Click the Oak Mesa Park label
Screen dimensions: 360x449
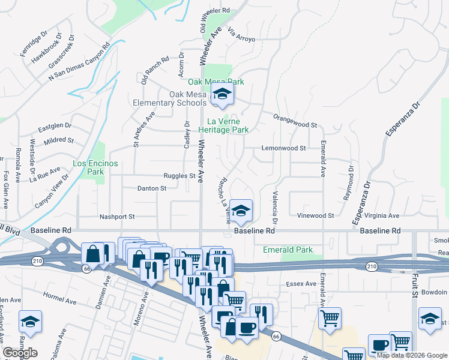[x=216, y=82]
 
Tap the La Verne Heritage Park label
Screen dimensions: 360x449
[x=223, y=125]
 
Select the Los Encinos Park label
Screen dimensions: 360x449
[x=88, y=167]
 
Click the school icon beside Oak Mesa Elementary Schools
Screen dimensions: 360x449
[x=221, y=95]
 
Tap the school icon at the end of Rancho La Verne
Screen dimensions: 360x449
[x=241, y=211]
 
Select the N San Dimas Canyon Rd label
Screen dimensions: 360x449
[x=79, y=61]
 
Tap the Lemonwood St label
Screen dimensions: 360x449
[x=283, y=148]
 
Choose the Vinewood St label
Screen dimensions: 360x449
[x=316, y=215]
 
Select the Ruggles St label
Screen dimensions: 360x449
[x=180, y=176]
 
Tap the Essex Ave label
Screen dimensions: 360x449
[x=301, y=284]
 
